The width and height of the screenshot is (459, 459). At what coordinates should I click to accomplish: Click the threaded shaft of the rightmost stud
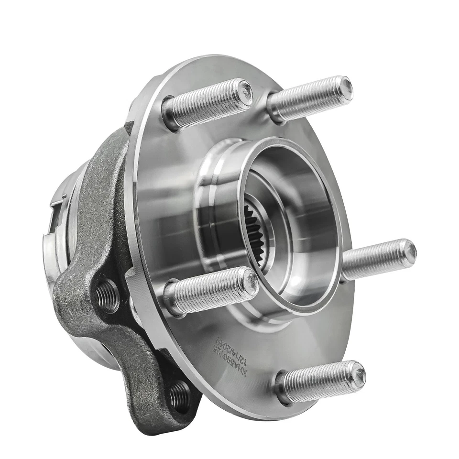tap(373, 259)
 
